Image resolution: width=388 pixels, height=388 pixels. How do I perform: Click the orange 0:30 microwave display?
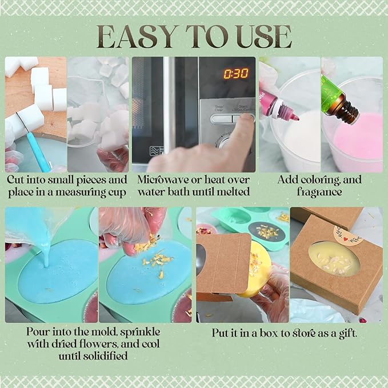point(236,74)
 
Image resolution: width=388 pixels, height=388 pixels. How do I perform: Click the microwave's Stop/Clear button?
point(221,118)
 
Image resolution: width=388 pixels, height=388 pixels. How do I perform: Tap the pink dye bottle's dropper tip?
point(295,118)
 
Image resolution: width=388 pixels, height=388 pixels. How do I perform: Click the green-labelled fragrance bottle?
point(338,101)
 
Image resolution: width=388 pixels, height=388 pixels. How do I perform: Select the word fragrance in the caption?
point(319,192)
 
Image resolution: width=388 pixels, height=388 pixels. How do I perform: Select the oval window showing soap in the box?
point(334,259)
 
